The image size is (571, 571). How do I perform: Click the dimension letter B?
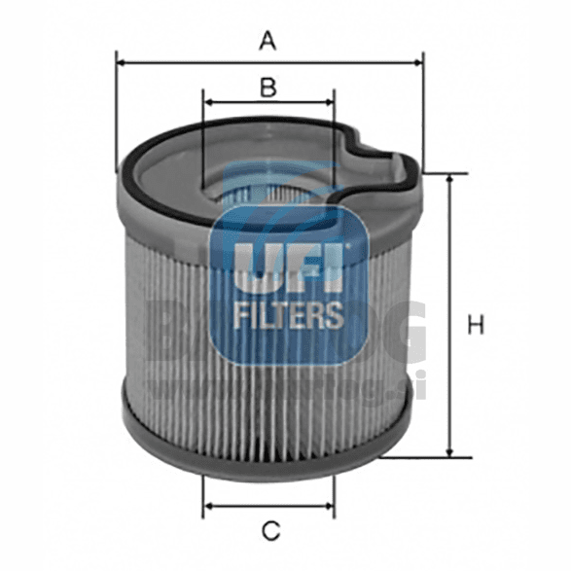[x=268, y=87]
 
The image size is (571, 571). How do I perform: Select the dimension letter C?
[x=271, y=530]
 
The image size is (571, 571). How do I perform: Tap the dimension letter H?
[x=475, y=325]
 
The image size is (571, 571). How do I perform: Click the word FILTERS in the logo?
[x=289, y=314]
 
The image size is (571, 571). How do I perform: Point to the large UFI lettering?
[x=289, y=268]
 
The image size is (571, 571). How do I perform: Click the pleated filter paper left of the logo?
[x=165, y=311]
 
